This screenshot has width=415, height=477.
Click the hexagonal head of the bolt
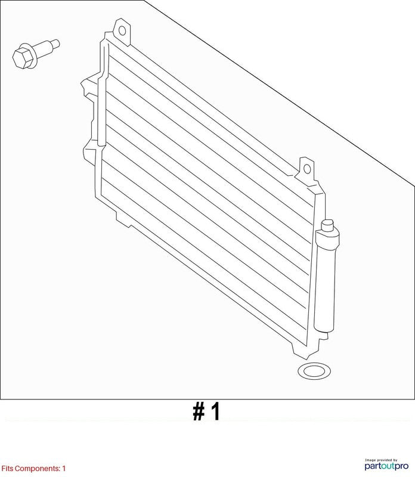point(23,58)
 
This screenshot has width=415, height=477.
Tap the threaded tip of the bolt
point(55,44)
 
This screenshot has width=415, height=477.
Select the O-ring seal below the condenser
point(314,371)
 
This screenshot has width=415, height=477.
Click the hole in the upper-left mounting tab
point(122,31)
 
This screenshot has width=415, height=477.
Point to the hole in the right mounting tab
point(307,169)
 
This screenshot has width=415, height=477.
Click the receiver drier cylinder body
point(326,280)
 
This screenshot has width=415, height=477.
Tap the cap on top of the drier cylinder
point(328,225)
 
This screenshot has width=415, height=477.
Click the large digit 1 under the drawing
point(215,411)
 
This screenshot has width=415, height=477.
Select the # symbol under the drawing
point(199,411)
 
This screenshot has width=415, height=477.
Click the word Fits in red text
point(7,468)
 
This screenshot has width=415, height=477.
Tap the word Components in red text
point(37,469)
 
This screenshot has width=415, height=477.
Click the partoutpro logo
point(386,466)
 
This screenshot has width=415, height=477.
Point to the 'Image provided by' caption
point(381,460)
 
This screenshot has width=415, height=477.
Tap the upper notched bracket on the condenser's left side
point(89,88)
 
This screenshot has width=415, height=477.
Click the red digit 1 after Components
point(64,468)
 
